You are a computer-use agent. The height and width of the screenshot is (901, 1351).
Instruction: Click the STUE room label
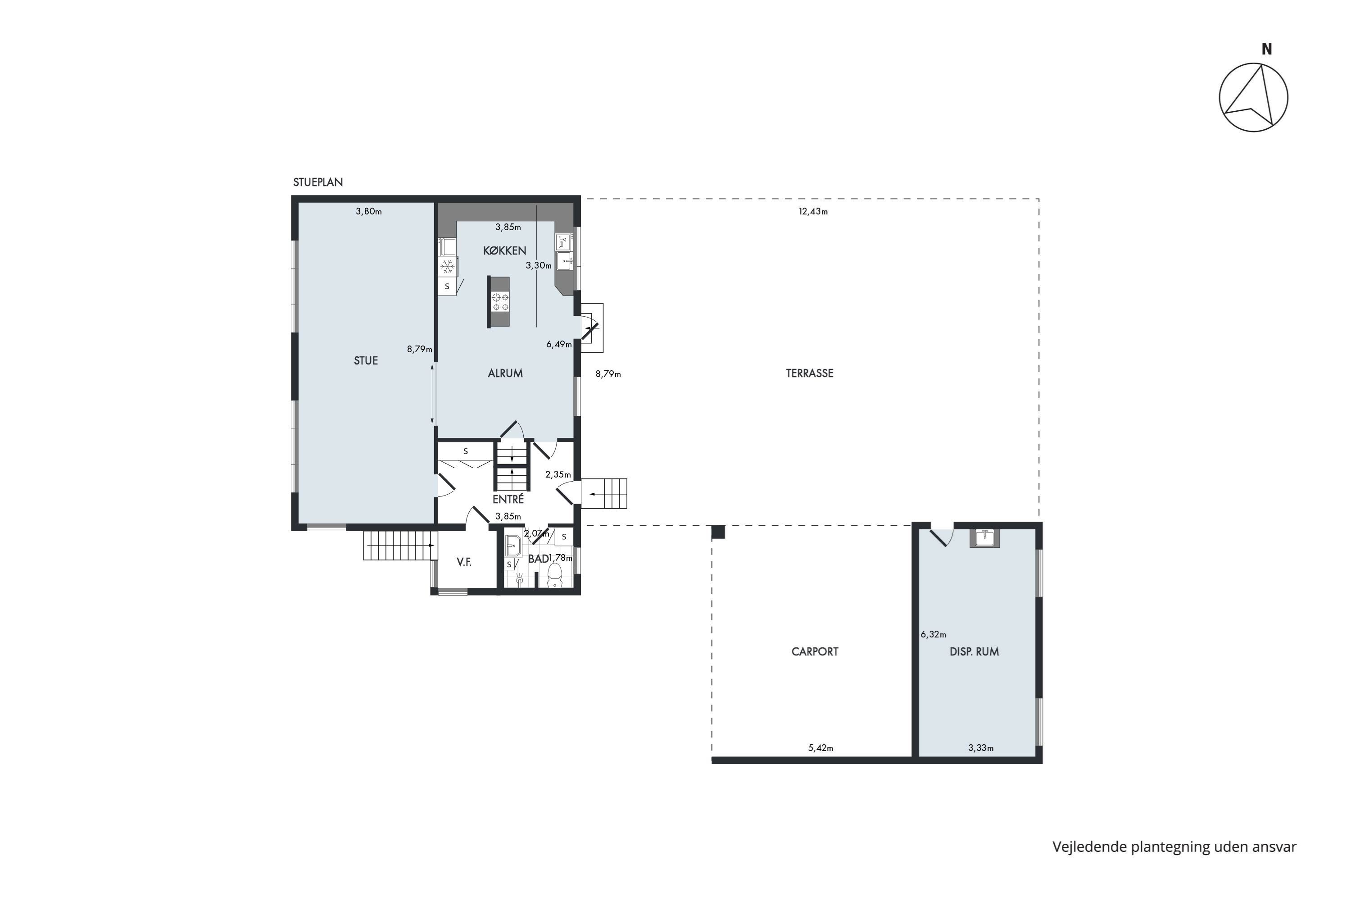coord(366,361)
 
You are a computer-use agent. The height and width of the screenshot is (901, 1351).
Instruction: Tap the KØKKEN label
coord(505,250)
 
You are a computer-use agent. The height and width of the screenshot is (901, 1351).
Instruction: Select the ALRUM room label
coord(505,373)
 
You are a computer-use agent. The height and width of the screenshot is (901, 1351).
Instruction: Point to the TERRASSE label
coord(809,373)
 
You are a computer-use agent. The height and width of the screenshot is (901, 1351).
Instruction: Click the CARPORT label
coord(815,651)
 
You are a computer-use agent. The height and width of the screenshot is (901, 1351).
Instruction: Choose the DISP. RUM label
coord(974,651)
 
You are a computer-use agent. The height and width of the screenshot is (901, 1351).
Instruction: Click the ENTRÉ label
coord(508,499)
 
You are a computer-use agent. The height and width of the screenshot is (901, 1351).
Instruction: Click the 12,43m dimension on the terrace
coord(813,211)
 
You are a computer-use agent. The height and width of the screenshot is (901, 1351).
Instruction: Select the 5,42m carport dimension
coord(821,748)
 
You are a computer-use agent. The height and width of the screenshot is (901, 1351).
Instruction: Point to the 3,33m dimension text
coord(980,748)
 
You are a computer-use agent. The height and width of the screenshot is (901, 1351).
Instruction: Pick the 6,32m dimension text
coord(934,634)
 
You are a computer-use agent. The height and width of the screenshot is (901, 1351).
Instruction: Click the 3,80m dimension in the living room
coord(369,211)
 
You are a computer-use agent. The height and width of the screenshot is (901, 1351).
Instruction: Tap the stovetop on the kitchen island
coord(500,302)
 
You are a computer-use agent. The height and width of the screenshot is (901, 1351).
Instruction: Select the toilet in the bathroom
coord(555,575)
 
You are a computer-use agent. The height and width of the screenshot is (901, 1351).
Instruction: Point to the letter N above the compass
coord(1266,50)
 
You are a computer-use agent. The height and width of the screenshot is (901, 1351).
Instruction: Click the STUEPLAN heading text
coord(317,182)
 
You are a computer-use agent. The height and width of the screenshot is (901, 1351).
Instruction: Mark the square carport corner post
coord(718,532)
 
